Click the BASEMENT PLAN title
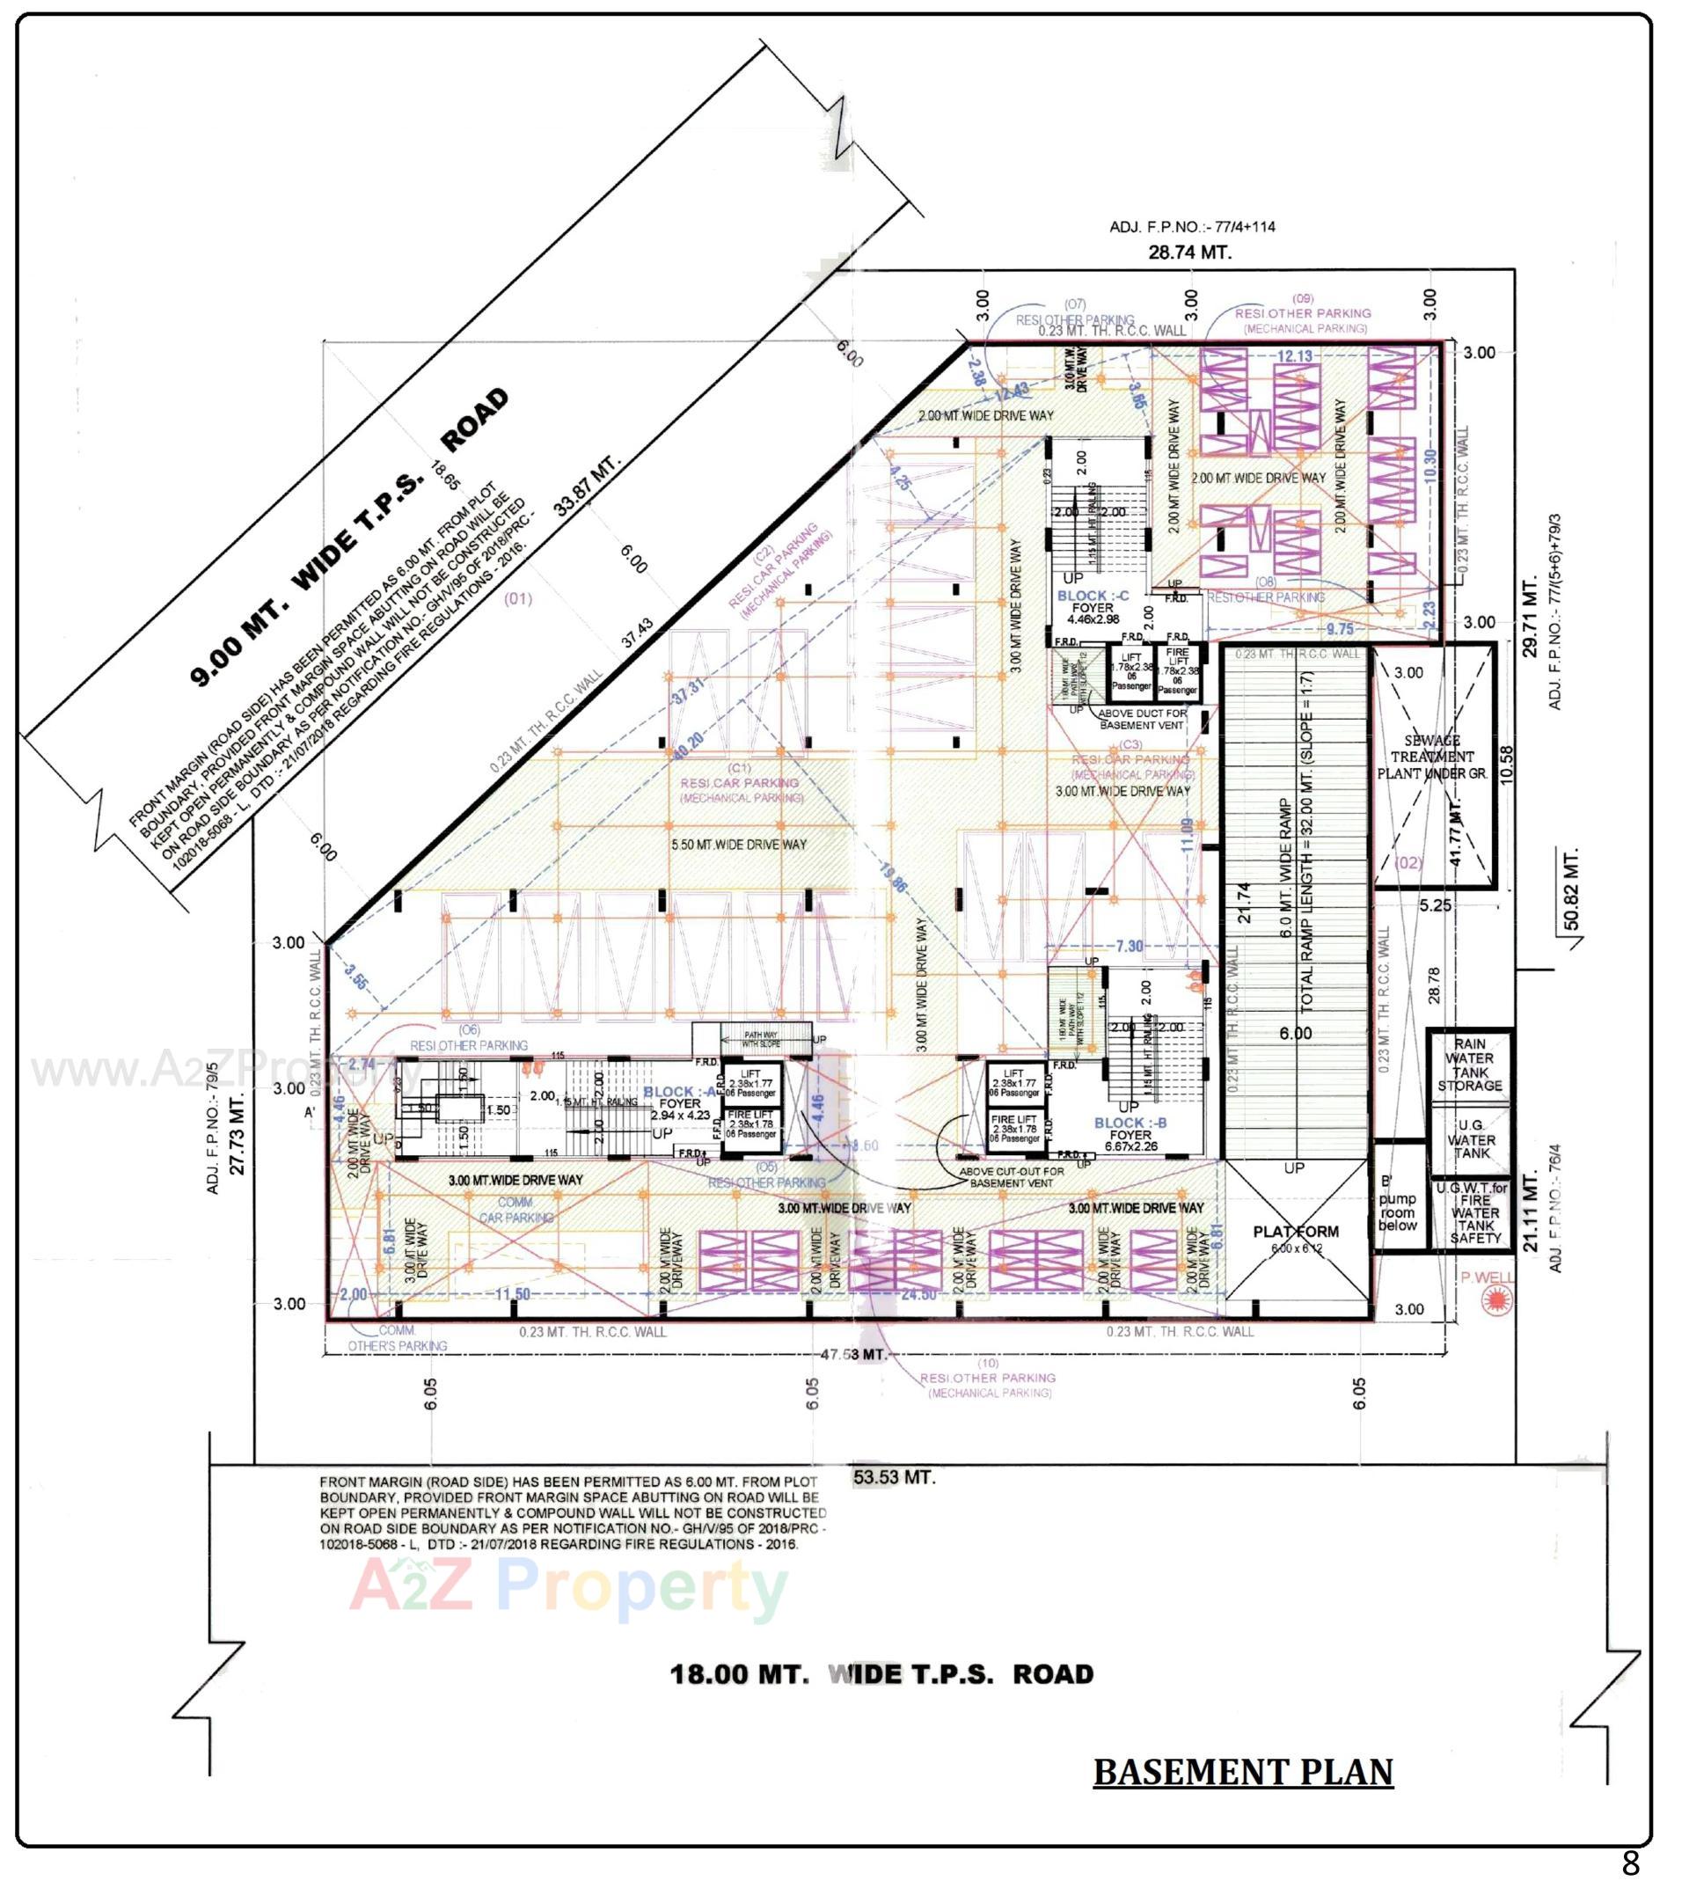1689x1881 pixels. (x=1243, y=1772)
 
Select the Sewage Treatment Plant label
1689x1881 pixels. (x=1433, y=757)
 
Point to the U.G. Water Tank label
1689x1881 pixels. (x=1471, y=1138)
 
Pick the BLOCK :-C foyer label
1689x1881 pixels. (x=1093, y=607)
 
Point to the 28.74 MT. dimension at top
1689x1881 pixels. (x=1189, y=252)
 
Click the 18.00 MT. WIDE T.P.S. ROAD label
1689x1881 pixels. (x=881, y=1674)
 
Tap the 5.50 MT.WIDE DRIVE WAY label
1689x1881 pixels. (x=739, y=845)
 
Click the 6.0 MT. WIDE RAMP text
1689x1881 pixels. (x=1286, y=867)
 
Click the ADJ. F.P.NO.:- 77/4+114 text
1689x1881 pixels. (x=1192, y=226)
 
